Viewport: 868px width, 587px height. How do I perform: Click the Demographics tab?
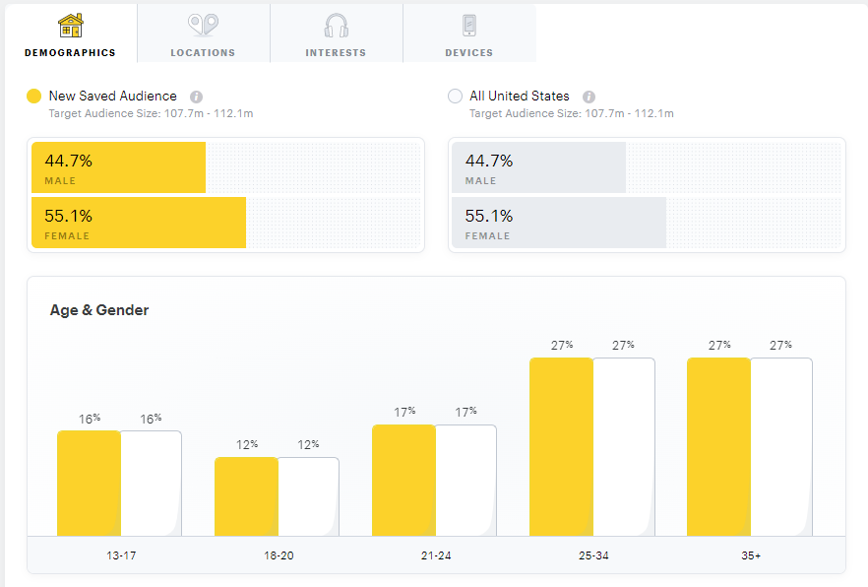tap(70, 34)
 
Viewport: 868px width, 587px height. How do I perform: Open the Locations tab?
tap(203, 34)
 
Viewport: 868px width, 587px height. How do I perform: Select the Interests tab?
tap(336, 34)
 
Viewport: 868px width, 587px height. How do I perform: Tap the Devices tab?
tap(468, 34)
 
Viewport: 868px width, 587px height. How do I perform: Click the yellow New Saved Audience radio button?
tap(34, 97)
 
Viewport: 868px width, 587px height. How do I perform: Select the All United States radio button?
tap(455, 97)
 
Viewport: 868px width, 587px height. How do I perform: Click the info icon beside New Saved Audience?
tap(197, 97)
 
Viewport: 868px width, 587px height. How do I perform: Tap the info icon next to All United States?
tap(589, 97)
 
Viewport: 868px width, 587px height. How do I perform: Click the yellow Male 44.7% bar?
tap(119, 167)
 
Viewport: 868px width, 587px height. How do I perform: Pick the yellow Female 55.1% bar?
tap(139, 223)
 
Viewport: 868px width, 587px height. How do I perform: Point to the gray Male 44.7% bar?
tap(539, 167)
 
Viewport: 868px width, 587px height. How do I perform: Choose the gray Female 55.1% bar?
tap(559, 223)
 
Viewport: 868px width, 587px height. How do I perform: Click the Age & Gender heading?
tap(99, 310)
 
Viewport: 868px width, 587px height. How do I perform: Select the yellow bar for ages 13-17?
tap(89, 483)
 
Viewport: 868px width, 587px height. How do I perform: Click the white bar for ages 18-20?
tap(308, 496)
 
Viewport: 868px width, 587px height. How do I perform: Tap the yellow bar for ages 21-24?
tap(403, 480)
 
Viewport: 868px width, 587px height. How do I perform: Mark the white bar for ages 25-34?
tap(623, 446)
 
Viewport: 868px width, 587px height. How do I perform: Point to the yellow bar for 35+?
tap(718, 446)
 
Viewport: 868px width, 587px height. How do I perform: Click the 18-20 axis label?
tap(279, 555)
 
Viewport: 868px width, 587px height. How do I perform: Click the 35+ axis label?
tap(751, 555)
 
